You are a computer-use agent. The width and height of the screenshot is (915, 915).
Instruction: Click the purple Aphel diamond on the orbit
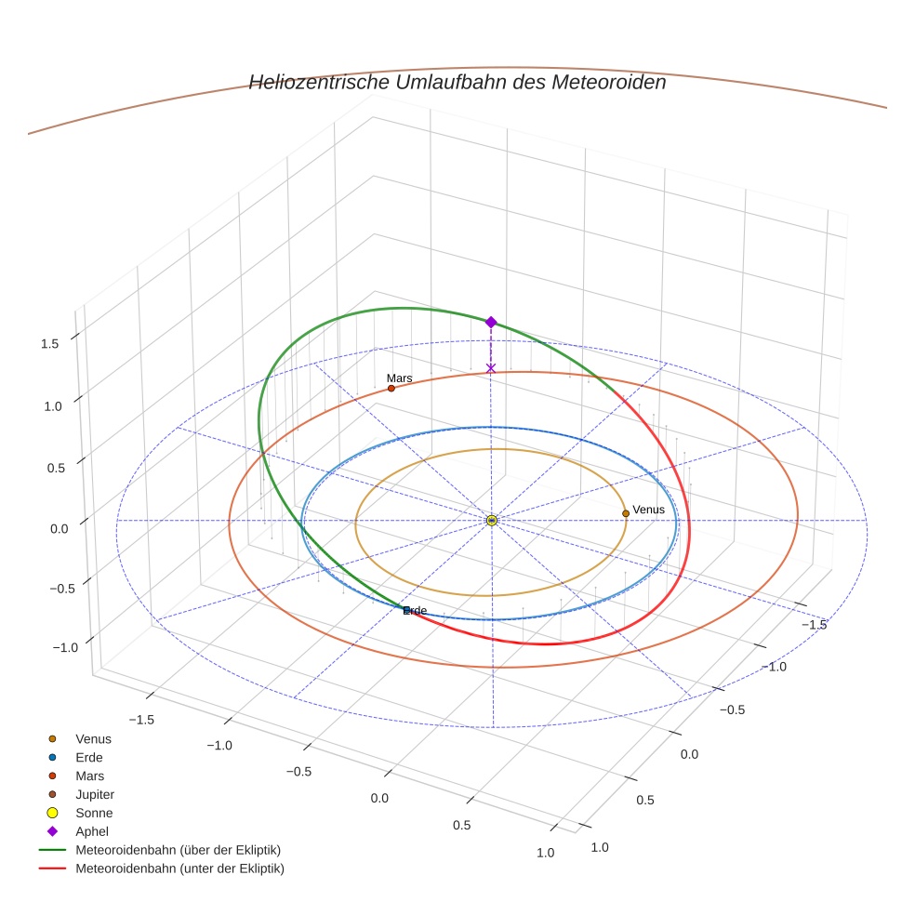[x=491, y=322]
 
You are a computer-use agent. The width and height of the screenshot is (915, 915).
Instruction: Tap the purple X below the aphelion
[x=491, y=368]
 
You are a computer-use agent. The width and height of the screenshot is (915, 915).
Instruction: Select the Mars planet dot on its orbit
[x=391, y=388]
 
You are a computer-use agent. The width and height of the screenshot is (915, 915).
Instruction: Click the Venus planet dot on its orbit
[x=626, y=513]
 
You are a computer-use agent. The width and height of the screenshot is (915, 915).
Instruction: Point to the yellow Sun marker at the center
[x=492, y=521]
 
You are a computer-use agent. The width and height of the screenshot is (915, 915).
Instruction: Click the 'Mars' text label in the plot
[x=399, y=378]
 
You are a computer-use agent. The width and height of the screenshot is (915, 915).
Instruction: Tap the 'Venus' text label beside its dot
[x=648, y=510]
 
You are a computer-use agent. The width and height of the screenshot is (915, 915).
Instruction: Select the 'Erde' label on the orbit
[x=415, y=610]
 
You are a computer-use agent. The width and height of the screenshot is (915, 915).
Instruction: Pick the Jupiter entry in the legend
[x=94, y=794]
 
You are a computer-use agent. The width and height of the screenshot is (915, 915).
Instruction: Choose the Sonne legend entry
[x=94, y=813]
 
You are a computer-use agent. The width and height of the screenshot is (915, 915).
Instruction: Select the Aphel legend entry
[x=92, y=831]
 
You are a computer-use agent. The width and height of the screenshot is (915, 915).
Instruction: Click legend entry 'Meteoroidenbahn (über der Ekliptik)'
[x=178, y=850]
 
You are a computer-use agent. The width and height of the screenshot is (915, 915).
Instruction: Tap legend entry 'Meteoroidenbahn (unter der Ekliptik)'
[x=179, y=869]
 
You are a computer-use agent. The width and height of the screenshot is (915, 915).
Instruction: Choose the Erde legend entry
[x=89, y=757]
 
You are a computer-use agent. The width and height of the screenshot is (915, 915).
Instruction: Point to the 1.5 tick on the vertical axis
[x=50, y=343]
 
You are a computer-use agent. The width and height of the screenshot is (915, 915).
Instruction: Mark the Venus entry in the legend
[x=93, y=738]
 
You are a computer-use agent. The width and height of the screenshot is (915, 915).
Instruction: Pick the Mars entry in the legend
[x=89, y=776]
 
